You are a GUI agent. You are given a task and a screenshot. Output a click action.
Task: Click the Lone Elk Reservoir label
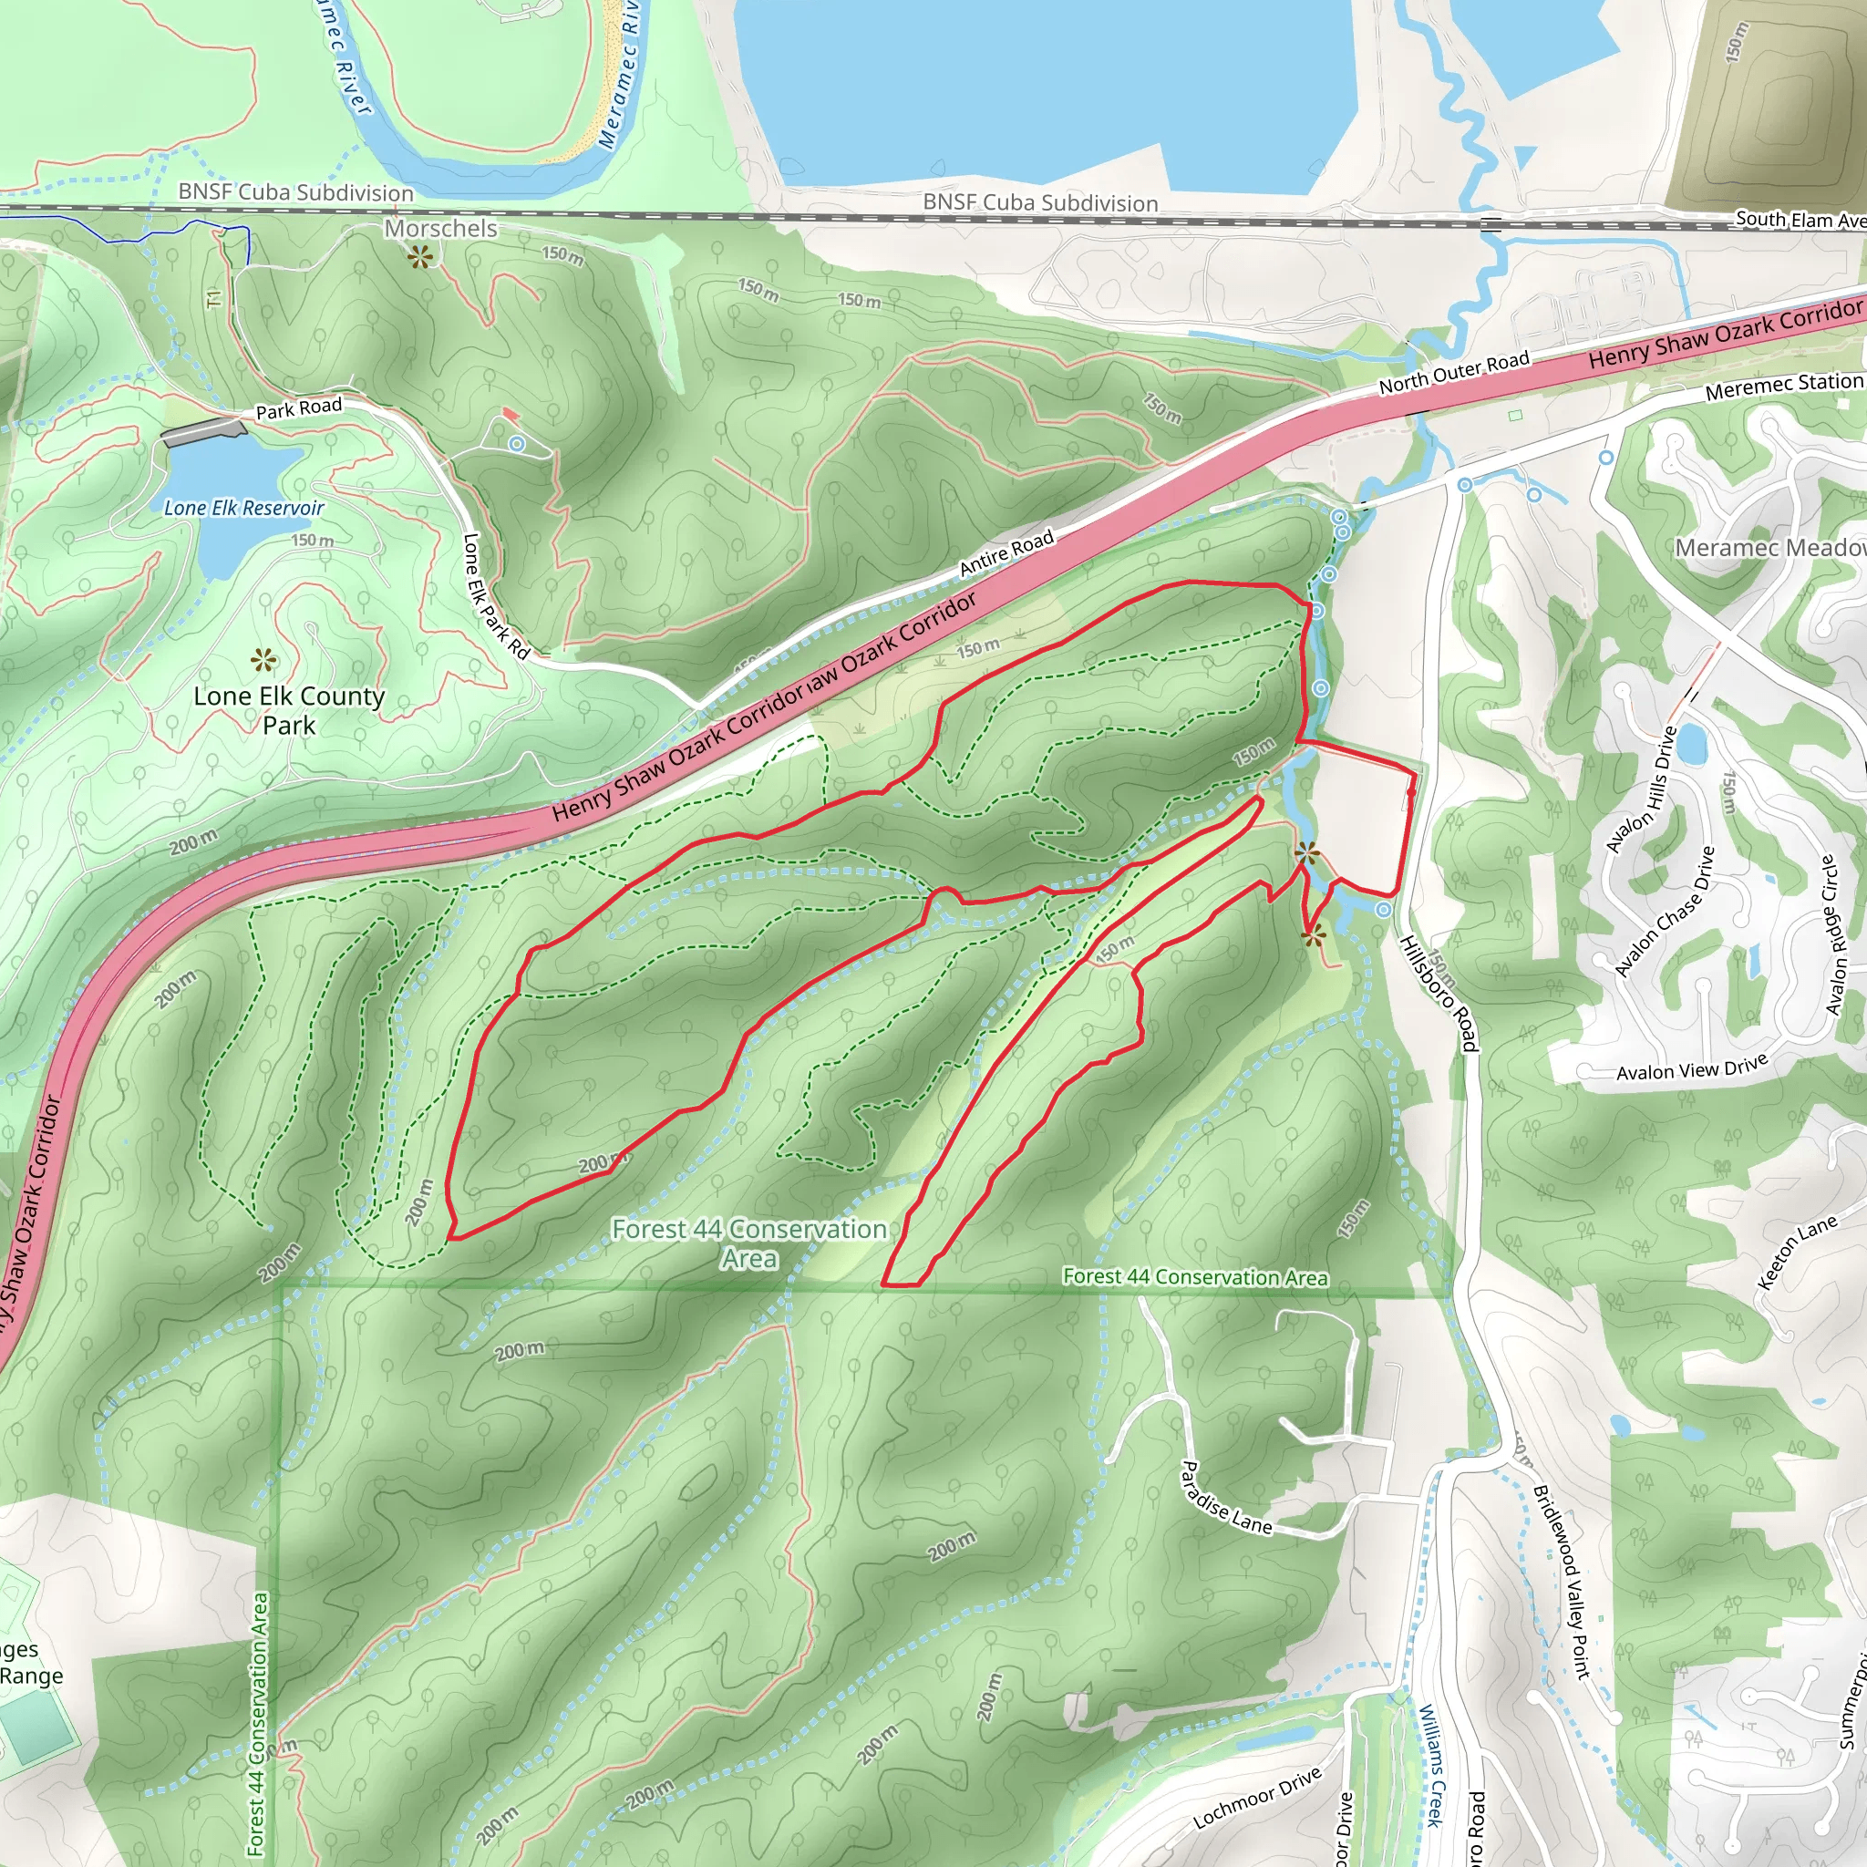[x=243, y=508]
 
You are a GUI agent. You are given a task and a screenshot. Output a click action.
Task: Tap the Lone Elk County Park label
[x=289, y=710]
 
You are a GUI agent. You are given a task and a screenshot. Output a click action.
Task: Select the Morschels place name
[x=440, y=228]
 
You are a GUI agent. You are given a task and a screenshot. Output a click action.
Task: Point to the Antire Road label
[x=1006, y=553]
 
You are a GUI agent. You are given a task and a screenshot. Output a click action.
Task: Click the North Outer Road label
[x=1453, y=372]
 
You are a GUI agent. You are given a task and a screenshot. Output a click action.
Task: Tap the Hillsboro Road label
[x=1438, y=993]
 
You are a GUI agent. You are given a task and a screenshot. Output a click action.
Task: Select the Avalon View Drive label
[x=1691, y=1067]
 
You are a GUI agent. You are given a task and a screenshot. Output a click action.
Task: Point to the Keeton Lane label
[x=1797, y=1253]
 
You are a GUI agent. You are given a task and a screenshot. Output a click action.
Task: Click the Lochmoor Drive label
[x=1256, y=1799]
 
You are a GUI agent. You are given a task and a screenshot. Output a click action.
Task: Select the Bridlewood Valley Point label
[x=1561, y=1581]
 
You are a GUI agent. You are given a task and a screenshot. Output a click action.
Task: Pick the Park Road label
[x=299, y=407]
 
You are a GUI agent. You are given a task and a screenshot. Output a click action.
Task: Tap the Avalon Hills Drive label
[x=1640, y=790]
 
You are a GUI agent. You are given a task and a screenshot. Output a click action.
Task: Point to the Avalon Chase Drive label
[x=1665, y=912]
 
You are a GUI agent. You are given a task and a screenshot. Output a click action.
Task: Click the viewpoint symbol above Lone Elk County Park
[x=263, y=661]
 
